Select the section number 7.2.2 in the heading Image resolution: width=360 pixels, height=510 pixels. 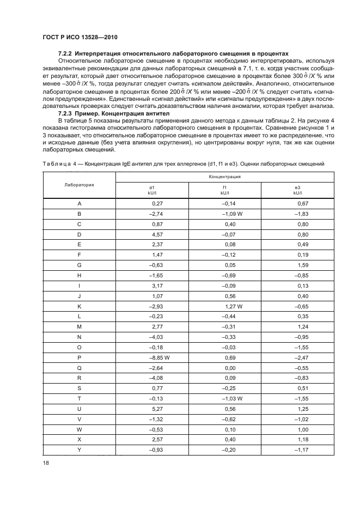[x=65, y=54]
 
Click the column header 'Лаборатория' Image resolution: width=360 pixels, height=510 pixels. [x=79, y=185]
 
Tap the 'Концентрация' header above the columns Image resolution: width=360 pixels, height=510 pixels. [x=224, y=177]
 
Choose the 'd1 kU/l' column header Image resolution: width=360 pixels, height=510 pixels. [x=151, y=190]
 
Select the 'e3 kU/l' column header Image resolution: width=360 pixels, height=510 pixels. [x=297, y=190]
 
